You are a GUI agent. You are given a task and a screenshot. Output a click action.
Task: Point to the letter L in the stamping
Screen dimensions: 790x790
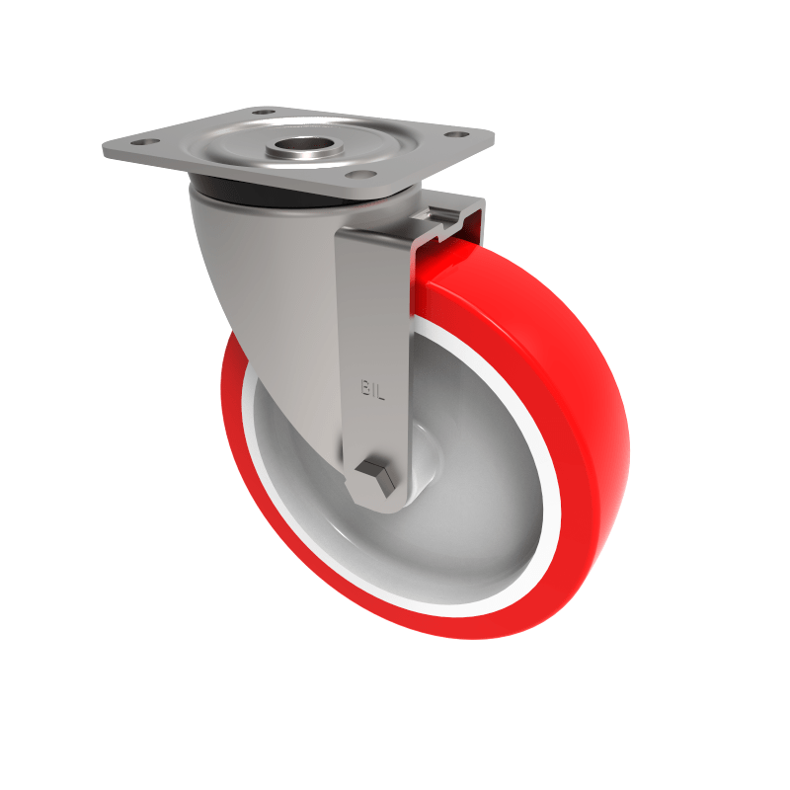(x=378, y=390)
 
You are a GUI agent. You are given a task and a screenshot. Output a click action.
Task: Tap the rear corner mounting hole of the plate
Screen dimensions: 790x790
(x=263, y=113)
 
